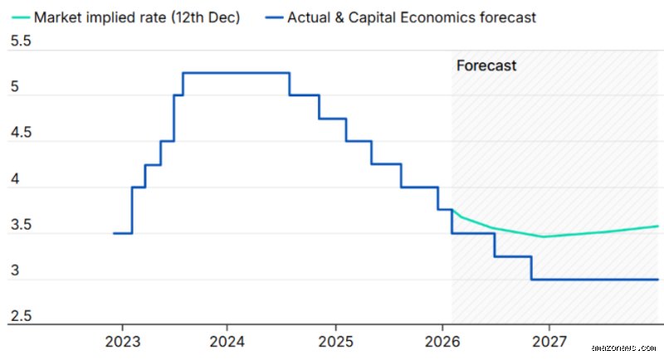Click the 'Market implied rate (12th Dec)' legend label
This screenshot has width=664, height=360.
(137, 17)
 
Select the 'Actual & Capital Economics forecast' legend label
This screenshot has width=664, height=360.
(412, 17)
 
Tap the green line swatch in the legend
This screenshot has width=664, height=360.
(20, 17)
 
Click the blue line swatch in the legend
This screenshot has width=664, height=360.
(274, 17)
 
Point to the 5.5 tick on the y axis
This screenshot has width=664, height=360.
(21, 41)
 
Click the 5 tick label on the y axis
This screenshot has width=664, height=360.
(15, 87)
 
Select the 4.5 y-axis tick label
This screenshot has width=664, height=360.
(21, 133)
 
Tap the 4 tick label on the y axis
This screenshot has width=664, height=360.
(15, 179)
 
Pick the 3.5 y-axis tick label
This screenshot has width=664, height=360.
(21, 225)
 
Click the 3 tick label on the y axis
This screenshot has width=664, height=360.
(15, 270)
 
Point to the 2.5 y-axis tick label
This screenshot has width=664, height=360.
(21, 316)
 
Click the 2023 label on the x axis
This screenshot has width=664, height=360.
(123, 342)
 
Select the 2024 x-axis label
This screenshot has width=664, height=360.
(227, 342)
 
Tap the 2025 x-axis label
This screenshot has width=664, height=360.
(336, 342)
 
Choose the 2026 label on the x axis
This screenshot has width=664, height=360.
(442, 342)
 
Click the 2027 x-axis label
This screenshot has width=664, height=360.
(549, 342)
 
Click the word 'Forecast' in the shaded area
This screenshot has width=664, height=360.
(486, 66)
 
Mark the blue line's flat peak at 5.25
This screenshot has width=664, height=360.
(237, 73)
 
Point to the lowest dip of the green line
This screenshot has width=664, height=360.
(544, 236)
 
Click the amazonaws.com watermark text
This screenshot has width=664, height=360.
(623, 348)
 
